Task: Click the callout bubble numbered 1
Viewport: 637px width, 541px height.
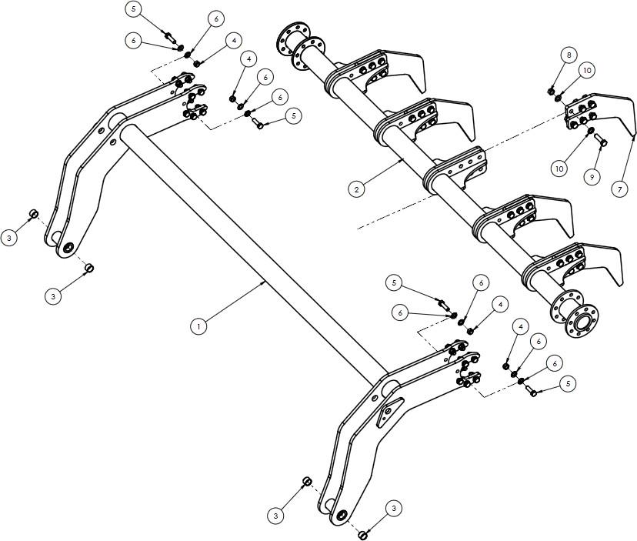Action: click(x=198, y=326)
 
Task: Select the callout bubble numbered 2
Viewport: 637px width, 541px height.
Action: click(x=356, y=189)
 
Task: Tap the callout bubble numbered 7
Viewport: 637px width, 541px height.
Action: click(x=619, y=189)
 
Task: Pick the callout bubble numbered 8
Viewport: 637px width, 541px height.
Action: click(x=569, y=55)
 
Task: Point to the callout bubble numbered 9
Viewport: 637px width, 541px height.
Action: click(x=592, y=177)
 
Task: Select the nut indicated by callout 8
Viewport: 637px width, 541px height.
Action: click(x=552, y=92)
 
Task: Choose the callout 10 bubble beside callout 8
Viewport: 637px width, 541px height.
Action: click(x=587, y=70)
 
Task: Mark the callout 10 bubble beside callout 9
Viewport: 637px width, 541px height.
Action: click(x=559, y=169)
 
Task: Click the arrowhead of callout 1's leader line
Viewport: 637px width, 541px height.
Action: click(x=265, y=281)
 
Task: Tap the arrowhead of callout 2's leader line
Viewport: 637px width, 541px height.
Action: click(x=402, y=160)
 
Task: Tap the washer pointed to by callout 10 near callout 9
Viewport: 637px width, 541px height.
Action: click(x=590, y=131)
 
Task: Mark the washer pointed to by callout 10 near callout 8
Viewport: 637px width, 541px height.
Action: click(x=559, y=97)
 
